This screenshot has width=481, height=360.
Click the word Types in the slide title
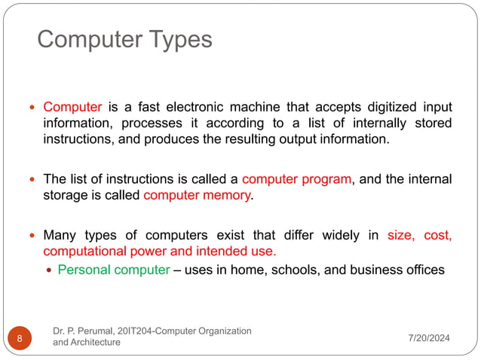[180, 39]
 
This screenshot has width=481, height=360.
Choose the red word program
[326, 179]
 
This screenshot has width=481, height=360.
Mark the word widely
[344, 235]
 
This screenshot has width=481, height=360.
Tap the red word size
[400, 235]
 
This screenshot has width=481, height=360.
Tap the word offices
[423, 270]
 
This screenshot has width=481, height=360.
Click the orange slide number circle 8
[19, 338]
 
